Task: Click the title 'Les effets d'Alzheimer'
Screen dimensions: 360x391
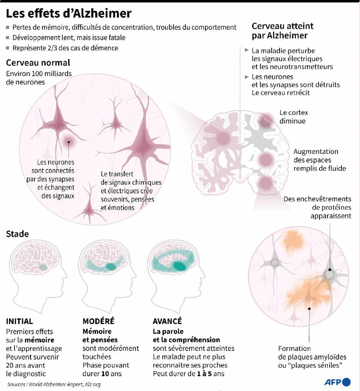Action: (x=68, y=13)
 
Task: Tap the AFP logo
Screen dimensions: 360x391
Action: (x=338, y=382)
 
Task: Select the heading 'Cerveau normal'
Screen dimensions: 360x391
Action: (x=38, y=63)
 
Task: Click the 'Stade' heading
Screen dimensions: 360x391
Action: (x=17, y=234)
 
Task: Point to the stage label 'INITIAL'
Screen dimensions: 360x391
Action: (x=20, y=321)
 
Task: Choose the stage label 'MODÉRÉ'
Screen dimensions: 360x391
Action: (x=98, y=321)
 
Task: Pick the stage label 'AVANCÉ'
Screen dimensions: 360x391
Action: (x=167, y=321)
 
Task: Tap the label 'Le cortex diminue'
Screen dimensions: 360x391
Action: (x=294, y=117)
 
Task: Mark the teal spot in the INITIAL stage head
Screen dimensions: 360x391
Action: (x=43, y=267)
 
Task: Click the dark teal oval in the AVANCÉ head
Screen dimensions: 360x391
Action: (x=179, y=266)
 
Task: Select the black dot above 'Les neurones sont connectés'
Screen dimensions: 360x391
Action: (x=68, y=142)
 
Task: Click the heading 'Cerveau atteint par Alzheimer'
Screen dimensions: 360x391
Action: (x=282, y=31)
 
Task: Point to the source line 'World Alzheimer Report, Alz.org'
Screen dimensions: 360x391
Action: (x=64, y=384)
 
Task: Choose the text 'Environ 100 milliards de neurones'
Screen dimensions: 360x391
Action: (x=39, y=78)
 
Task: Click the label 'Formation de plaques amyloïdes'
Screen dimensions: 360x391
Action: (x=312, y=353)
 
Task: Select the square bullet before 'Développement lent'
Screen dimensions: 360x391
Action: (x=8, y=38)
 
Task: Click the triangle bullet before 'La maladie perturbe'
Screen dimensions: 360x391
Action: (x=247, y=50)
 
